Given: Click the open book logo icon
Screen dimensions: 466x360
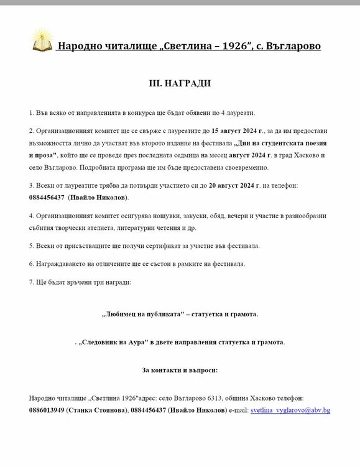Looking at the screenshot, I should pos(40,43).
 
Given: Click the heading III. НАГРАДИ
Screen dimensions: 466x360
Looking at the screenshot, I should pos(180,83).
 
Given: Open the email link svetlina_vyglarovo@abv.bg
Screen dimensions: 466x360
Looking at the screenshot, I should pos(290,411).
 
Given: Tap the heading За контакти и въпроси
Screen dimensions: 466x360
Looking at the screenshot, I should pos(180,370).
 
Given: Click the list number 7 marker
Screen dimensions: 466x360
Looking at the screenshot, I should pos(31,282).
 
